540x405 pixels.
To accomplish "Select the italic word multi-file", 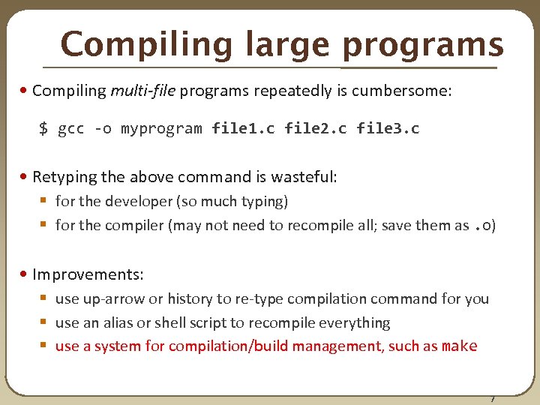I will [x=142, y=91].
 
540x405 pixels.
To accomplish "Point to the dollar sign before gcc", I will [x=43, y=128].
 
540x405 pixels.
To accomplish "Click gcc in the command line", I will [x=70, y=128].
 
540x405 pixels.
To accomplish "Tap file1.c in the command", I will [x=243, y=128].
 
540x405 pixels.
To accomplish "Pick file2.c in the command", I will [x=316, y=128].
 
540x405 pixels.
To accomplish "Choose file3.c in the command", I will [x=388, y=128].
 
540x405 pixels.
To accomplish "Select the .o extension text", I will [x=482, y=225].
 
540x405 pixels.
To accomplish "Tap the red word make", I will [x=459, y=346].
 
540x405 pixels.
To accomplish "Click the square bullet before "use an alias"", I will [x=43, y=322].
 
